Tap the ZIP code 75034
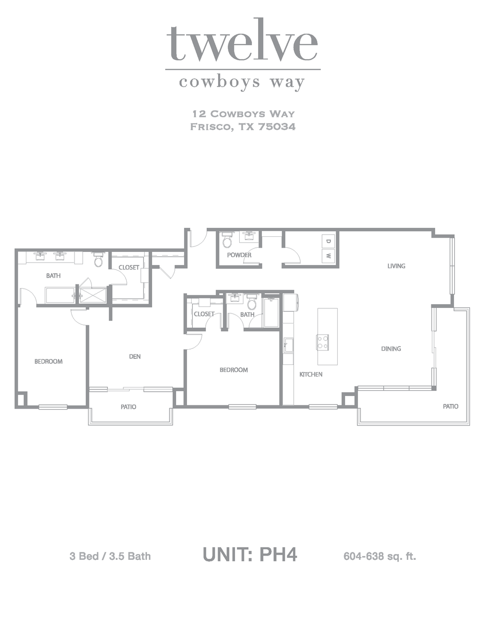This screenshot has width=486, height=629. (277, 127)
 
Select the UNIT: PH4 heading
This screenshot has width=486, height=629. (250, 555)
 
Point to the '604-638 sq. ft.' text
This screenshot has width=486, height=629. (380, 556)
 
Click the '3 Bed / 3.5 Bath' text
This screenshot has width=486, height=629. (110, 556)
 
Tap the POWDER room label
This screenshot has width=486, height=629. (239, 255)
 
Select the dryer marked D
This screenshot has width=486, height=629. (328, 241)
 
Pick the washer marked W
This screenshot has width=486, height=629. (328, 256)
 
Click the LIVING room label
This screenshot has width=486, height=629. (396, 266)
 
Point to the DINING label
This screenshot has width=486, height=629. (391, 348)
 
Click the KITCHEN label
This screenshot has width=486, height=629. (311, 374)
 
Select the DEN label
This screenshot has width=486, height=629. (135, 356)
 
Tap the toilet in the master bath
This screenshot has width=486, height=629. (98, 259)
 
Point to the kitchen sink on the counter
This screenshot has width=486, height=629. (289, 345)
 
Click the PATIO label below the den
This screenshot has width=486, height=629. (128, 407)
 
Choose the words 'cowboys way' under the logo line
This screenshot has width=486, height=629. (242, 82)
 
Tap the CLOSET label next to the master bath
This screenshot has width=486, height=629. (129, 267)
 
